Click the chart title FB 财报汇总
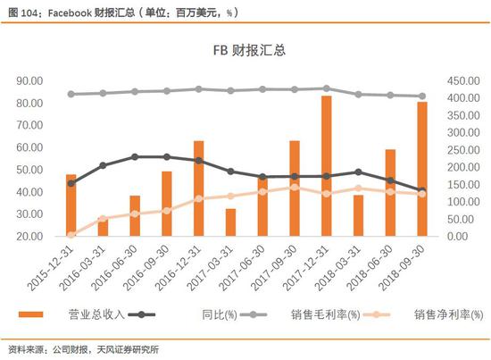coord(249,50)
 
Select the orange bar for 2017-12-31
coord(326,166)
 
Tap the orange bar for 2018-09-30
coord(422,169)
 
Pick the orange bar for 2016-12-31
coord(198,188)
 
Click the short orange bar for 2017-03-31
coord(230,222)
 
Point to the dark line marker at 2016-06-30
coord(135,156)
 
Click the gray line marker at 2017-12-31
coord(326,88)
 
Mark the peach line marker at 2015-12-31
coord(71,234)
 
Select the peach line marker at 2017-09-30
coord(295,188)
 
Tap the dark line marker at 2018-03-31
coord(359,172)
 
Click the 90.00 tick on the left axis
coord(29,80)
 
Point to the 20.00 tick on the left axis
coord(29,236)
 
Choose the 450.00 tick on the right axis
coord(463,80)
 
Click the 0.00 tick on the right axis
coord(457,236)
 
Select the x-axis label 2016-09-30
coord(146,267)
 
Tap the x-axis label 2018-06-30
coord(370,267)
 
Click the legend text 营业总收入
coord(96,314)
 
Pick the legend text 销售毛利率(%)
coord(326,314)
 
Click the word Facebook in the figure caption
coord(70,13)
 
